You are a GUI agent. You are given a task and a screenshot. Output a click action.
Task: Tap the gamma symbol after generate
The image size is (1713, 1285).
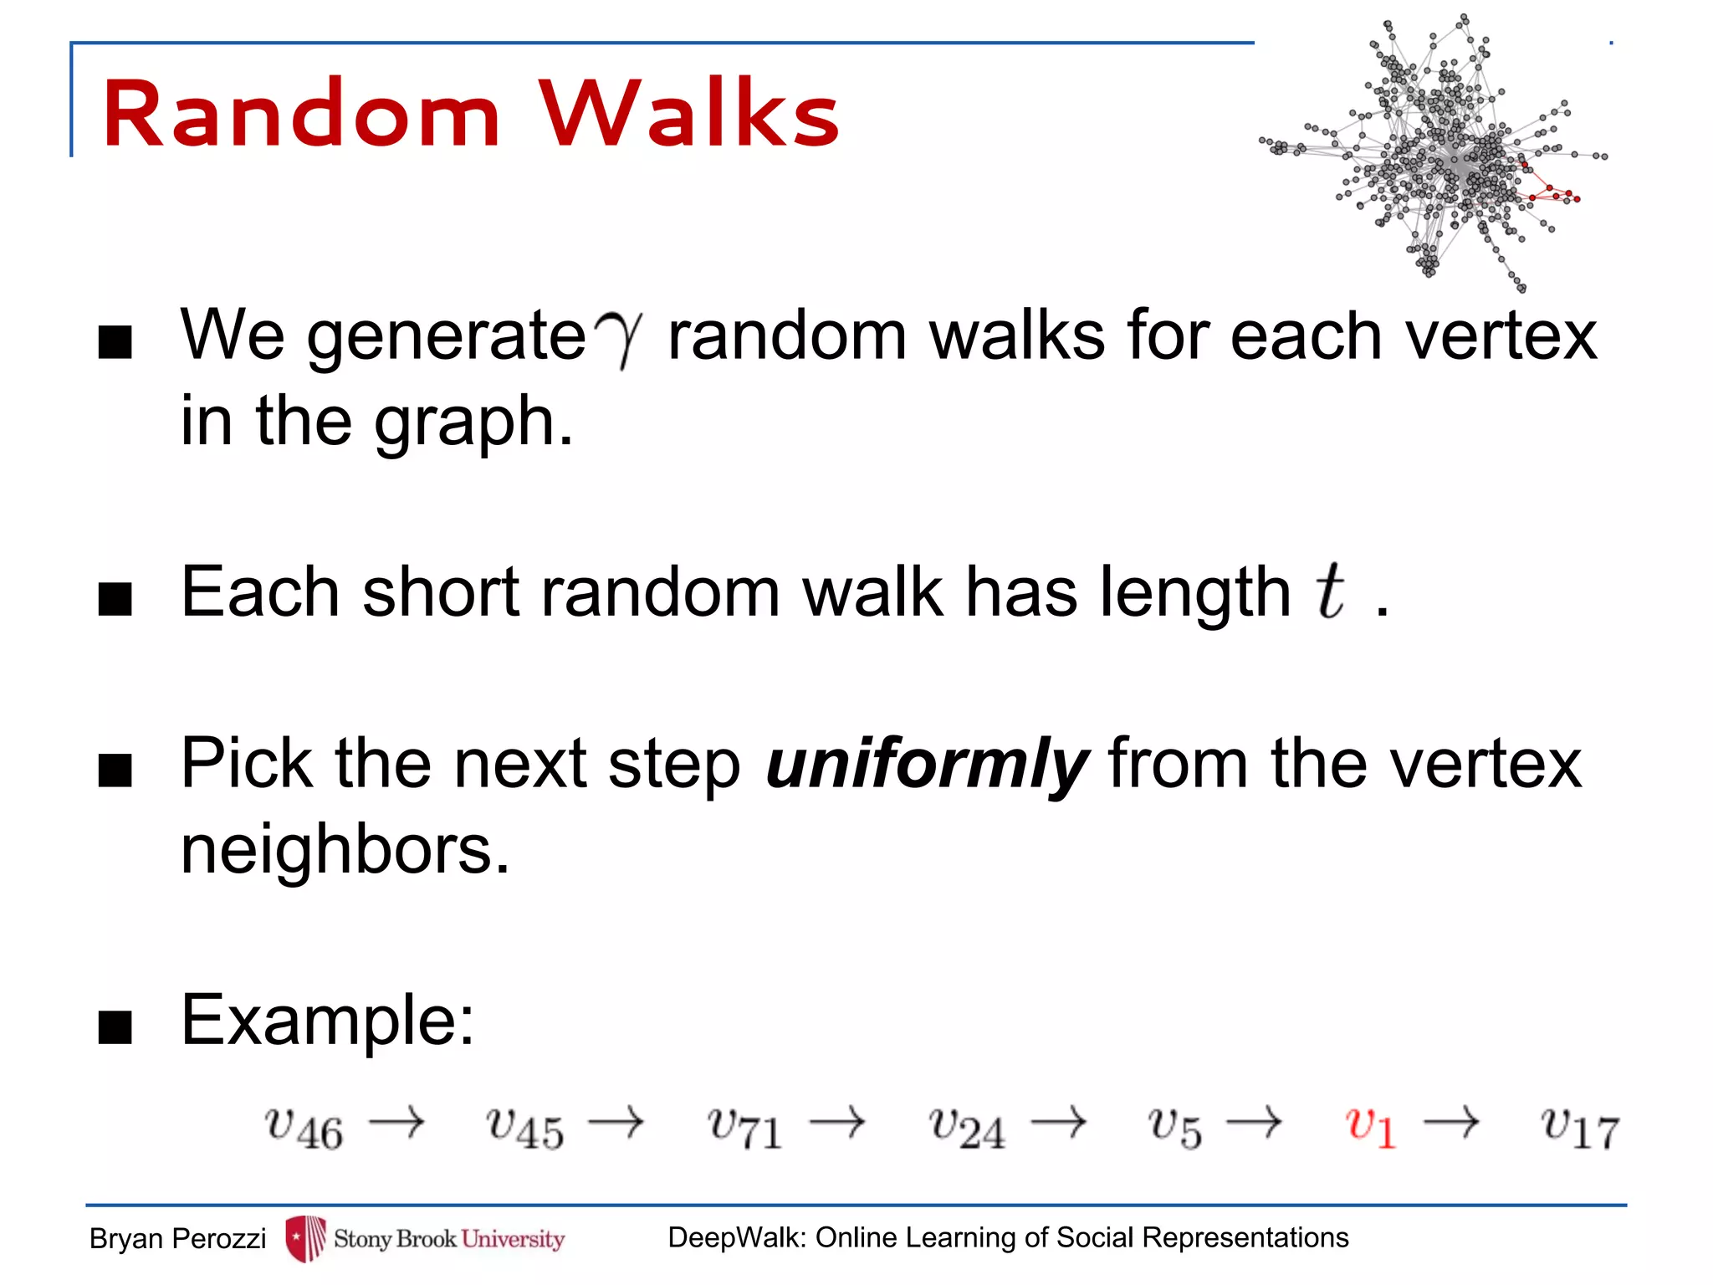(619, 336)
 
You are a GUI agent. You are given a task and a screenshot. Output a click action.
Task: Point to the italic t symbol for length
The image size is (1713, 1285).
(1330, 591)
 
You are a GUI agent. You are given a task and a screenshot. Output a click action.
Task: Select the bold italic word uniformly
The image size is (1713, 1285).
(927, 763)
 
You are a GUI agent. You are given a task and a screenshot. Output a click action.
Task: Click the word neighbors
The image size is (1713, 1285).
(345, 849)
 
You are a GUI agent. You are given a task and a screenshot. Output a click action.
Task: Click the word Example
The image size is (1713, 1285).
(327, 1020)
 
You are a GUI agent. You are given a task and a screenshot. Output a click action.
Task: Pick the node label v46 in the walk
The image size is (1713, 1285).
(304, 1128)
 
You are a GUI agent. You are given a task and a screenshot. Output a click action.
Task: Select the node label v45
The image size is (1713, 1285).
(525, 1128)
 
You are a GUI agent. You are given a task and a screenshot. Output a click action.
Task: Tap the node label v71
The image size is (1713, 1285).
(744, 1128)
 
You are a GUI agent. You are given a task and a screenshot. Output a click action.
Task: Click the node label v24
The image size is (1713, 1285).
(966, 1128)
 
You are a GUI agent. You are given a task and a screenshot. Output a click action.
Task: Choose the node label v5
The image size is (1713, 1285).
(1174, 1128)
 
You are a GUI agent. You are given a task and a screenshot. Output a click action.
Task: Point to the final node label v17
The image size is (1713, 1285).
(1580, 1128)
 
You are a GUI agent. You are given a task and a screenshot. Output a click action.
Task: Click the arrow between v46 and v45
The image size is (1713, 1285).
(396, 1122)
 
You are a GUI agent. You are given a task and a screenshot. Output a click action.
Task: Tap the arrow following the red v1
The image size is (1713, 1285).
(1451, 1122)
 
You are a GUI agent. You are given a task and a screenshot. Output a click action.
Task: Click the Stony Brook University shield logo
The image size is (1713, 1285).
(305, 1238)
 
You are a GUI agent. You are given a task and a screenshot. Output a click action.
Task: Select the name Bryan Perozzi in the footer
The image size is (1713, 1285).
(177, 1238)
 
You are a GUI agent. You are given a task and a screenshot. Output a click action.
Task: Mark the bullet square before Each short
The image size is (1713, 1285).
(115, 599)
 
